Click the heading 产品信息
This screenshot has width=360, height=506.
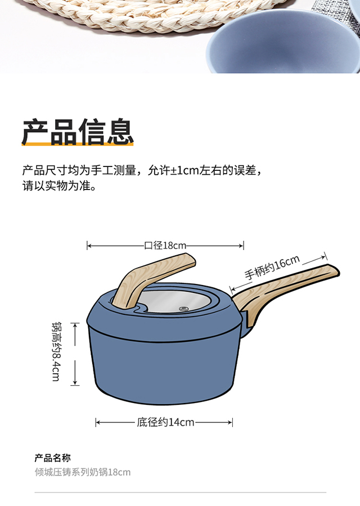tap(78, 132)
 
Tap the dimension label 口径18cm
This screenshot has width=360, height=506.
tap(165, 246)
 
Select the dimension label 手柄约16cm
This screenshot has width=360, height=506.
tap(272, 268)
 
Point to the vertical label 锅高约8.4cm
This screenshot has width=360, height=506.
tap(56, 351)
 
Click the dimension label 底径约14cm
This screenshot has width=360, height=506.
tap(165, 422)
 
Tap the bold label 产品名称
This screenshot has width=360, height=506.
tap(52, 458)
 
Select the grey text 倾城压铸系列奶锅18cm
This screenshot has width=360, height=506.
tap(83, 472)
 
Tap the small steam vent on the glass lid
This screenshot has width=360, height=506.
tap(183, 309)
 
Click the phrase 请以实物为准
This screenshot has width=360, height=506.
tap(56, 186)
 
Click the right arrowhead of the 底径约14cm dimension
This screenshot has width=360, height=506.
tap(230, 422)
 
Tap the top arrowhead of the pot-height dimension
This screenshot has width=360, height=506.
tap(75, 326)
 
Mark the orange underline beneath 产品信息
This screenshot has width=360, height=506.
tap(78, 144)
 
